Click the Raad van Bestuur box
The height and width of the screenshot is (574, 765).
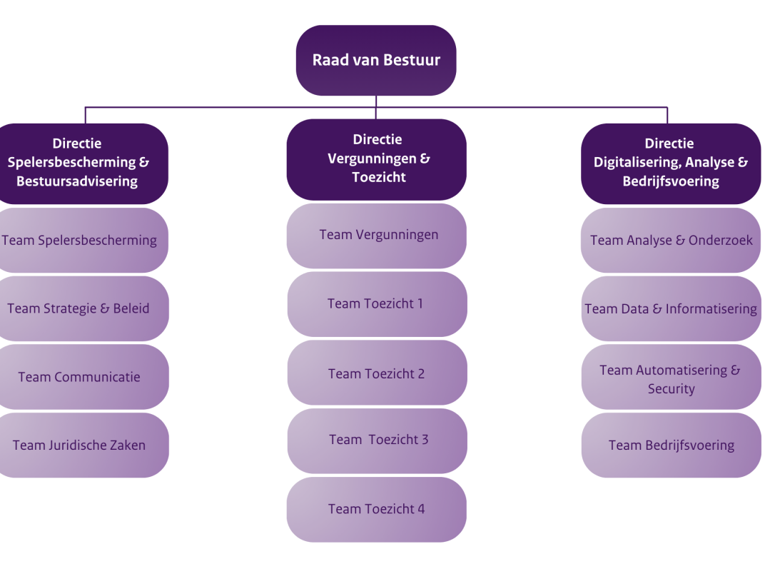click(376, 60)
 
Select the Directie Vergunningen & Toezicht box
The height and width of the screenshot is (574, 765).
click(376, 159)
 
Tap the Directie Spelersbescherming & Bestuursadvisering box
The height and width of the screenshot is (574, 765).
click(80, 163)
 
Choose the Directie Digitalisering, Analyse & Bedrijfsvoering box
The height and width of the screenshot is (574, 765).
click(671, 163)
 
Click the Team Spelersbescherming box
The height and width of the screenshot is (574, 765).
click(80, 240)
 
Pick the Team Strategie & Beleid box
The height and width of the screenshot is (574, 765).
click(80, 308)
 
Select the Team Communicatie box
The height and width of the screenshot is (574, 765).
click(80, 377)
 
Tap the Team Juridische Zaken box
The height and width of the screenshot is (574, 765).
click(80, 445)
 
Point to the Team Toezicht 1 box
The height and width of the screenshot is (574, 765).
click(377, 303)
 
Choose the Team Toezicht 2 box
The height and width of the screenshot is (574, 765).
click(377, 373)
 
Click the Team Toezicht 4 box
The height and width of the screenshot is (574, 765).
click(377, 509)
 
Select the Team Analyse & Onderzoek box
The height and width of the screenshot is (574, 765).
click(671, 240)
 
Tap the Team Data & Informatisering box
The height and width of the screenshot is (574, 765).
click(671, 308)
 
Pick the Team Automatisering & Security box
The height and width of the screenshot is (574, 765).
click(671, 378)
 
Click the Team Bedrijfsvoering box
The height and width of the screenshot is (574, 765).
click(671, 445)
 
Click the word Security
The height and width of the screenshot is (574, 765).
click(671, 389)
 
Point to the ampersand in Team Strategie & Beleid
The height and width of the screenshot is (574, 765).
click(106, 308)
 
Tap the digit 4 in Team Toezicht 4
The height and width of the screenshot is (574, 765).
click(421, 509)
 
